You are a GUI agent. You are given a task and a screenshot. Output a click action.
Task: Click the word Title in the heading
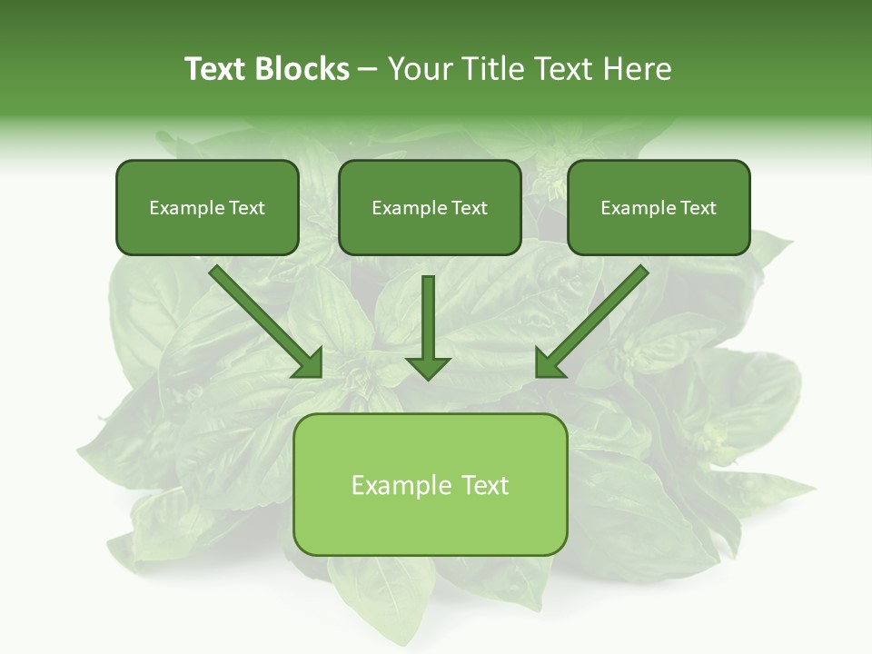coord(491,69)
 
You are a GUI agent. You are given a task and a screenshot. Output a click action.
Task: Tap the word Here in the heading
coord(636,69)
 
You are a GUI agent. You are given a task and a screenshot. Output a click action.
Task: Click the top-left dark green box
coord(207,207)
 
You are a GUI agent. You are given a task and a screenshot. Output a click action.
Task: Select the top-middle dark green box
coord(430,207)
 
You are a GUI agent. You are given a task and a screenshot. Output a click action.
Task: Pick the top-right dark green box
coord(659,207)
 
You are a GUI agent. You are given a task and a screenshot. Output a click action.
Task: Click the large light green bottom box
coord(430,484)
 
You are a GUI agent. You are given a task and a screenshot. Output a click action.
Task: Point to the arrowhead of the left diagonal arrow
coord(309,363)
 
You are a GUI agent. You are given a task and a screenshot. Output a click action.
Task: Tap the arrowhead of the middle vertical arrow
coord(428,368)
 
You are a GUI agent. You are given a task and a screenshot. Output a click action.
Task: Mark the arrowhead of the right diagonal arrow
coord(550,363)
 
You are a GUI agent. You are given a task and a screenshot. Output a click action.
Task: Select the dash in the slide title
coord(368,70)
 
